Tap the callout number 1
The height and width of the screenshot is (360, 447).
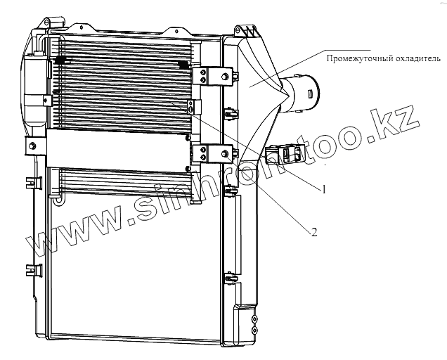[325, 189]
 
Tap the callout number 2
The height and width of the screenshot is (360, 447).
[314, 231]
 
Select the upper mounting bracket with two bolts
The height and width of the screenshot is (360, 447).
[214, 76]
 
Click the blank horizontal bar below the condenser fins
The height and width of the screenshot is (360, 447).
[116, 148]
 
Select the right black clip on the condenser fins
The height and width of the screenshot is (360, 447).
[184, 64]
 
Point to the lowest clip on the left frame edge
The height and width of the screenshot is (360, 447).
[30, 268]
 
